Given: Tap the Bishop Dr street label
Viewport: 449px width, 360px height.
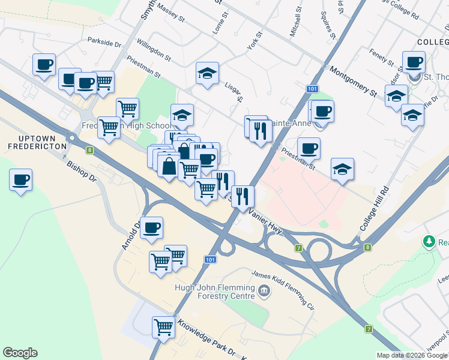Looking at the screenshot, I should point(81,170).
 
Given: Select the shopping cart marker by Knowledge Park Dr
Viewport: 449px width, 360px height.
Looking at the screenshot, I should point(163,327).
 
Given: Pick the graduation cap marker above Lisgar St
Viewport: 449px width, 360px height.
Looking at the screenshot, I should point(207,74).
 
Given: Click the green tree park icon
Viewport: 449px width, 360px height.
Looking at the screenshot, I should point(429,242).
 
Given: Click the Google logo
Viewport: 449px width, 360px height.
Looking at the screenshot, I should point(20,353).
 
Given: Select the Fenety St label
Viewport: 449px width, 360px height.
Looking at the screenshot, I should point(380,58).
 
